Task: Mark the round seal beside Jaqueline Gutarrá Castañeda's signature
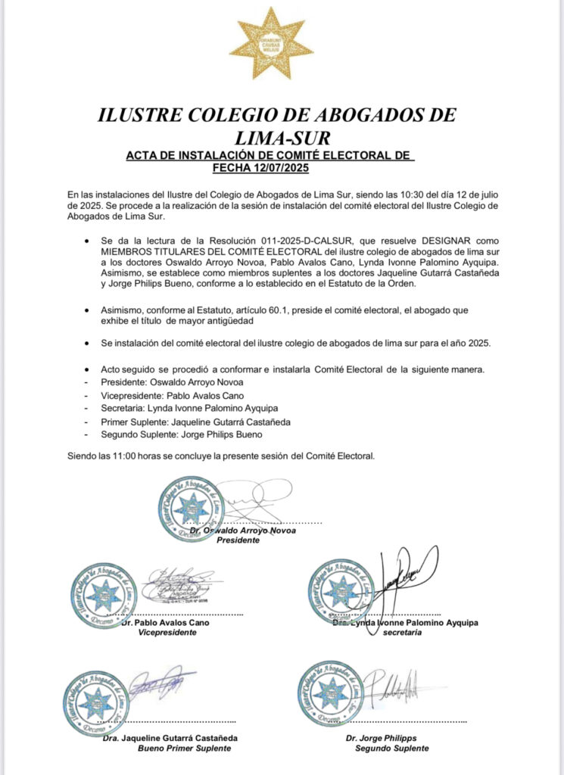(95, 702)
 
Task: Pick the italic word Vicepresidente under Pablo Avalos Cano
(167, 633)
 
